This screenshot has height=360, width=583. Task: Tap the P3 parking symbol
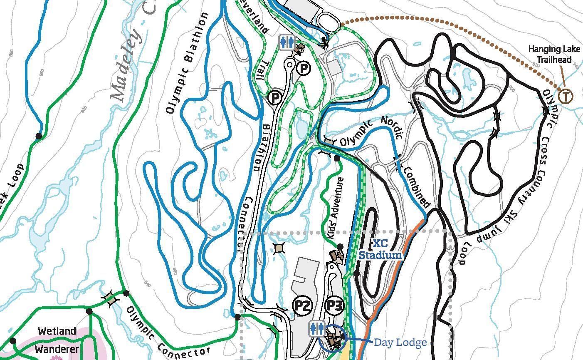click(334, 305)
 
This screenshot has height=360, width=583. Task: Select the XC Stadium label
click(380, 249)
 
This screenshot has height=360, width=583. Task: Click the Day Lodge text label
click(400, 342)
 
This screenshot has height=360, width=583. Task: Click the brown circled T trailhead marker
click(565, 96)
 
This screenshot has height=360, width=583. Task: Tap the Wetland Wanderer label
click(57, 340)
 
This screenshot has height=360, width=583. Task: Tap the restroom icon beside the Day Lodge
click(317, 329)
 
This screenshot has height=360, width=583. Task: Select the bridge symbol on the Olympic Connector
click(110, 298)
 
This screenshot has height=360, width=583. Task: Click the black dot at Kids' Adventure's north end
click(337, 159)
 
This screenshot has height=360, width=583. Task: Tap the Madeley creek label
click(129, 62)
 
